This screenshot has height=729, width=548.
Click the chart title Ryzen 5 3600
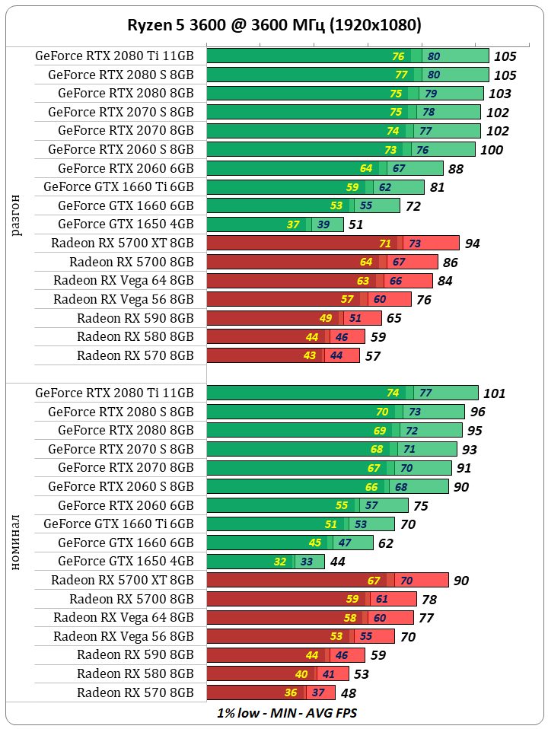pyautogui.click(x=274, y=25)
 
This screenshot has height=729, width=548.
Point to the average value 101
pyautogui.click(x=495, y=393)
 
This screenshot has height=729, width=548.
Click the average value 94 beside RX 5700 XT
pyautogui.click(x=472, y=244)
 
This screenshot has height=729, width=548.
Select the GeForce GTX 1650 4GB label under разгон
pyautogui.click(x=126, y=224)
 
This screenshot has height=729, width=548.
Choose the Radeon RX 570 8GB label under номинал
pyautogui.click(x=135, y=692)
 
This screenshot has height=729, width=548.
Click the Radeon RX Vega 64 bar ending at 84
pyautogui.click(x=320, y=281)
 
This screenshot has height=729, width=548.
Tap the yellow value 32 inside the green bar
pyautogui.click(x=280, y=562)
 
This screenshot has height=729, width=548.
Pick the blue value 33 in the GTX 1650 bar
pyautogui.click(x=307, y=562)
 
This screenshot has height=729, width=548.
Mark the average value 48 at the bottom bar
pyautogui.click(x=348, y=693)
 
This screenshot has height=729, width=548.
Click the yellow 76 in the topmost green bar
pyautogui.click(x=398, y=56)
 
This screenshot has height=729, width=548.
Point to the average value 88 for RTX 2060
pyautogui.click(x=456, y=169)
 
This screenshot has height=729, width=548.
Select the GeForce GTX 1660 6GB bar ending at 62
pyautogui.click(x=289, y=543)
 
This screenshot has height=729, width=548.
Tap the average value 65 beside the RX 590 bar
pyautogui.click(x=394, y=318)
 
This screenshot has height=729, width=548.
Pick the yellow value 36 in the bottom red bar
pyautogui.click(x=291, y=692)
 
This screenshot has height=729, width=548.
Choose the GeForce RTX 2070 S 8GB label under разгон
pyautogui.click(x=121, y=112)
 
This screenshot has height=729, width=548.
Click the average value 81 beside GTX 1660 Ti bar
pyautogui.click(x=437, y=187)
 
